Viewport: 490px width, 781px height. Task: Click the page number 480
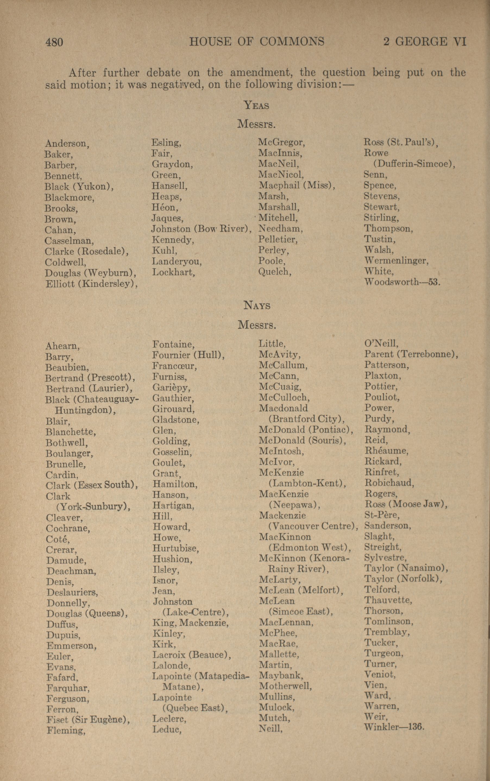click(54, 42)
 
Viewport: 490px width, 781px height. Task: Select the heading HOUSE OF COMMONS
click(257, 42)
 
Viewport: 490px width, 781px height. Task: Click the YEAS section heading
click(256, 105)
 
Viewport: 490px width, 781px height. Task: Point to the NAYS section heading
click(257, 306)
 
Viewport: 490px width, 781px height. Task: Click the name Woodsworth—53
click(402, 282)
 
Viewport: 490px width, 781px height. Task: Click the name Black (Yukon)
click(79, 187)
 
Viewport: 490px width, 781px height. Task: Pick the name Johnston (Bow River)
click(201, 229)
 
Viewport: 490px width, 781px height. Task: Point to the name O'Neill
click(381, 343)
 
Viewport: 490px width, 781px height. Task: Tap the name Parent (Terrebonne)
click(411, 354)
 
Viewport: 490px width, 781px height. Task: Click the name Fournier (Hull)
click(189, 355)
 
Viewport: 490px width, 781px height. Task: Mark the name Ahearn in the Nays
click(62, 346)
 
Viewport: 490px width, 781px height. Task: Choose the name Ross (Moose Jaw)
click(406, 504)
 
